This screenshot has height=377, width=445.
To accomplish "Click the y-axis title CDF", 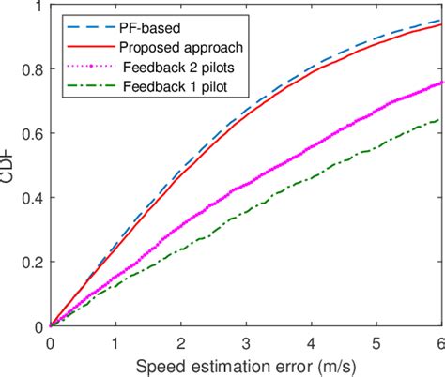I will pyautogui.click(x=10, y=166).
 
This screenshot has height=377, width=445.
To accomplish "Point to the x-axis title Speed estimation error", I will pyautogui.click(x=246, y=366).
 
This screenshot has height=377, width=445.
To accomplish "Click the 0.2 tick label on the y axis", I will pyautogui.click(x=33, y=263).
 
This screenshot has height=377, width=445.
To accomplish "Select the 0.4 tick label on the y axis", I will pyautogui.click(x=33, y=198).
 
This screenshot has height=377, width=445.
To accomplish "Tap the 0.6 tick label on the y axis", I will pyautogui.click(x=33, y=134).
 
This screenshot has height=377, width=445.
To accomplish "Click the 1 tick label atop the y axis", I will pyautogui.click(x=38, y=8).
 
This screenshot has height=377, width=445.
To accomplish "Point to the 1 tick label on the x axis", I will pyautogui.click(x=115, y=343).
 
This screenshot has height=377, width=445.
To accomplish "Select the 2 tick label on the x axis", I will pyautogui.click(x=180, y=343).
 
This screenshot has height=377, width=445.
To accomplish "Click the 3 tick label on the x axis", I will pyautogui.click(x=246, y=343).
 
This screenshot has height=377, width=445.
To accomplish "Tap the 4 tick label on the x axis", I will pyautogui.click(x=312, y=343).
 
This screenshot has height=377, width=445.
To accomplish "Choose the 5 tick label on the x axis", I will pyautogui.click(x=376, y=343).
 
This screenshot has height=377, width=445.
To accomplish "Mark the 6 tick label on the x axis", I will pyautogui.click(x=440, y=343).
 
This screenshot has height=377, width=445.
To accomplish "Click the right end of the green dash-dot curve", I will pyautogui.click(x=441, y=119).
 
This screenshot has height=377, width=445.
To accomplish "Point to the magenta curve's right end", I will pyautogui.click(x=441, y=83).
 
